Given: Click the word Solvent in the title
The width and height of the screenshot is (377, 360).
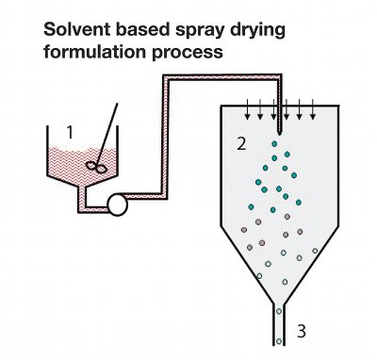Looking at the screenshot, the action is pos(77,29).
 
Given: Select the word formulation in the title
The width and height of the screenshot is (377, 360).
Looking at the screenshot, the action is pos(95,52).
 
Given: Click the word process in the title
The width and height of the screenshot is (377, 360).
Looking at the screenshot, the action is pos(188,53).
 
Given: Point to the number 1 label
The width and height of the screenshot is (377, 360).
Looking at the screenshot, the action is pos(70,132).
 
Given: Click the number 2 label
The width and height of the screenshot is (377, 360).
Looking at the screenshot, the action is pos(241,144).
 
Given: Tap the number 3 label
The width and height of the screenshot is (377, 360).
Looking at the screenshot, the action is pos(302,331).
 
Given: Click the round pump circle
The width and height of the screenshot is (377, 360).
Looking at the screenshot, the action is pos(118,205).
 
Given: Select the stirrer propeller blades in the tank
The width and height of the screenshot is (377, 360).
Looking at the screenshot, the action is pos(96,167).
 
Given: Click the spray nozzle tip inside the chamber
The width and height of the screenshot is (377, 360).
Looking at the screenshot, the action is pos(280,135).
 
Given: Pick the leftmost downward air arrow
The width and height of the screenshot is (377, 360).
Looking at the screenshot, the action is pos(248,109).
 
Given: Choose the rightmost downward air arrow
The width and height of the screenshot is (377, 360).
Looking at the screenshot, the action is pos(313,109).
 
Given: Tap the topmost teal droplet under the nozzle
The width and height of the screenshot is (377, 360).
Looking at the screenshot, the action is pos(274,144).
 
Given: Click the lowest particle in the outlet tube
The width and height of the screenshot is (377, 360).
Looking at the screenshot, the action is pos(279,341).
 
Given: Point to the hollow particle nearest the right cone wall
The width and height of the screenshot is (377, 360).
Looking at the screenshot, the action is pos(315,251).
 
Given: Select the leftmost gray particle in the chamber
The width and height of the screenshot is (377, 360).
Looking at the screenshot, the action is pos(244,230).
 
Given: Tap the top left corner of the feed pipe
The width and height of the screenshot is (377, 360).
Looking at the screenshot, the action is pos(163,74).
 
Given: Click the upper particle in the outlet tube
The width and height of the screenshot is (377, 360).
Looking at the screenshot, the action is pos(279,311).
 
